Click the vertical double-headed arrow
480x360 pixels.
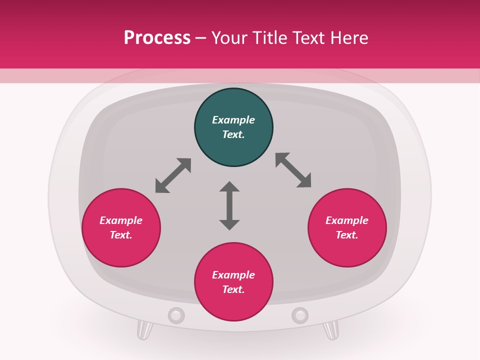tap(229, 205)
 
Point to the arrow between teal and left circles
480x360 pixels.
tap(173, 175)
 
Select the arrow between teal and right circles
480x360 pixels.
tap(293, 170)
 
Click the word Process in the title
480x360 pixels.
tap(157, 37)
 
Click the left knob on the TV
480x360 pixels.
tap(176, 315)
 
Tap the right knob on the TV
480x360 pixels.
tap(300, 315)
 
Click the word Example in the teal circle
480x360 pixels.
tap(233, 120)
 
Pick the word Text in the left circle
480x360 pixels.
tap(121, 235)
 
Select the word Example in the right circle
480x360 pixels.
tap(347, 220)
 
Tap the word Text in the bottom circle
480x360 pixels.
tap(233, 289)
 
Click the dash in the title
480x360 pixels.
tap(201, 38)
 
